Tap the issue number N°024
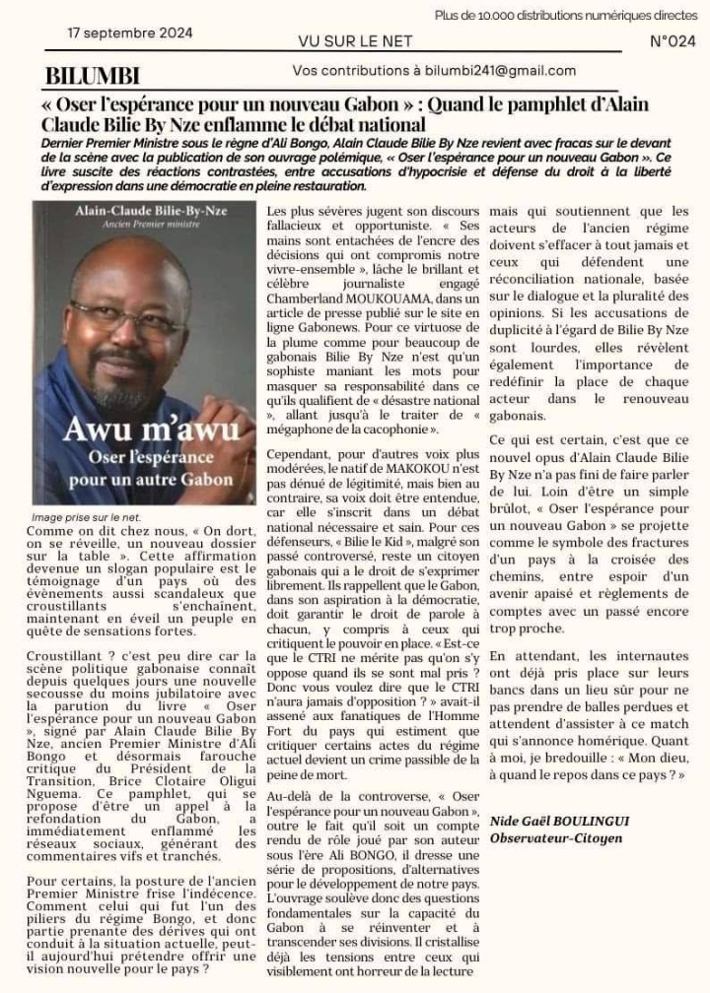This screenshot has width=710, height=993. click(674, 41)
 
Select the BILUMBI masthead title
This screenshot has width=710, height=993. click(93, 76)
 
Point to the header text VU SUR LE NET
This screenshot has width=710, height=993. click(355, 41)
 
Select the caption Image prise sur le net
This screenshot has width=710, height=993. click(86, 516)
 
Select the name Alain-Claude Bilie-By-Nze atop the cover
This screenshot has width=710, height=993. click(145, 211)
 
